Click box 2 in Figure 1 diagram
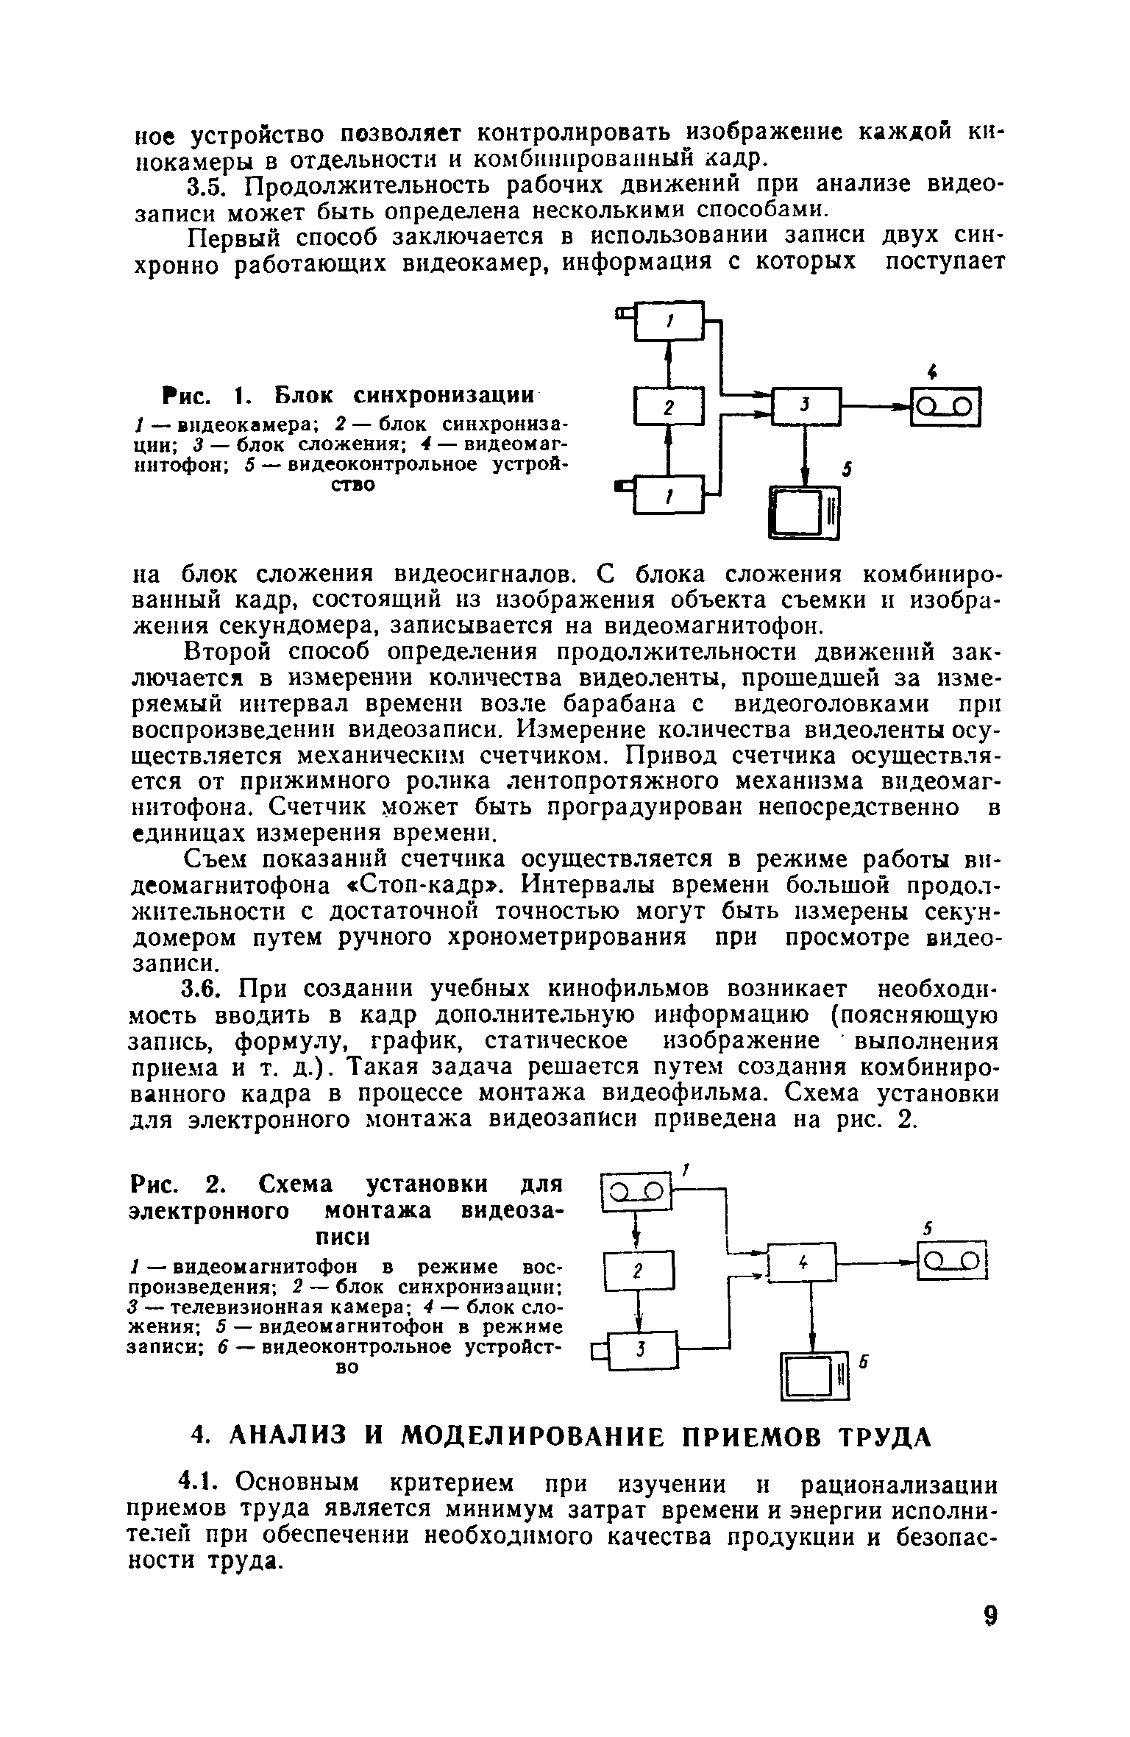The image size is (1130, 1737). [x=668, y=408]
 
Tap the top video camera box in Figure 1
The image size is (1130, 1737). [x=669, y=321]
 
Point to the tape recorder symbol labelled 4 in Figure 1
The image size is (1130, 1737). [x=946, y=407]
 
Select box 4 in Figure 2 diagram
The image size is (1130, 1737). [x=802, y=1262]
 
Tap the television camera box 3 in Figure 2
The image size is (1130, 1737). [x=642, y=1348]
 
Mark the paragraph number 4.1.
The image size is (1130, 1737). [x=207, y=1485]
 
